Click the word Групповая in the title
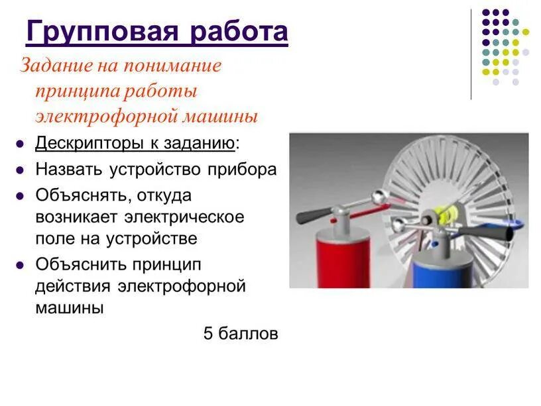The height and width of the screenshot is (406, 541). [103, 32]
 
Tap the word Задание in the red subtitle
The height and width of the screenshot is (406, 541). [56, 65]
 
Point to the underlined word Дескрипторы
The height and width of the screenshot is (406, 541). [90, 143]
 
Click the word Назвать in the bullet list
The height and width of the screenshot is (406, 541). [69, 170]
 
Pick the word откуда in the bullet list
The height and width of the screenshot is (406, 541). [164, 196]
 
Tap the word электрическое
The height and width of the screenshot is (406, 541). [184, 217]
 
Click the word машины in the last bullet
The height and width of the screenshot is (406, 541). [70, 308]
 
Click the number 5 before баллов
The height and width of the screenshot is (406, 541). [208, 334]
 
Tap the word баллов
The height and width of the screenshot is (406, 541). [248, 334]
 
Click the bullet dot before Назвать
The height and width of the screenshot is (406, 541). [21, 170]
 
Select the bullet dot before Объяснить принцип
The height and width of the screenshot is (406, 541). [21, 266]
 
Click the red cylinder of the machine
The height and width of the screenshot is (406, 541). [343, 259]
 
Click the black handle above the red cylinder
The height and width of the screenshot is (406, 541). [314, 215]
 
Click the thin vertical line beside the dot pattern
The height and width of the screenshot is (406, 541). [471, 54]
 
